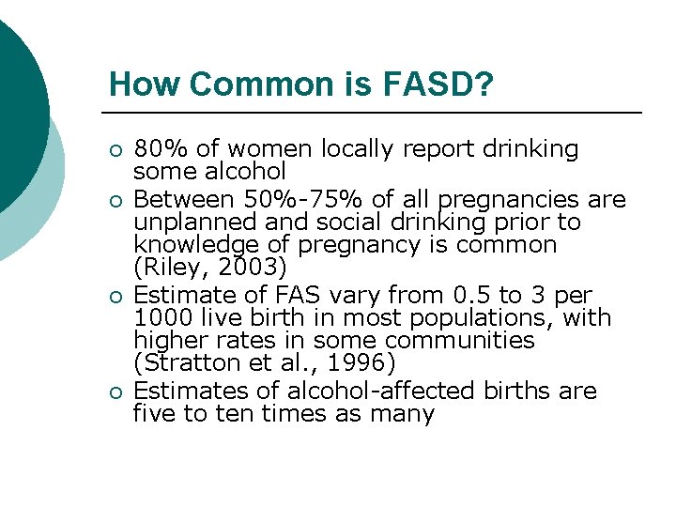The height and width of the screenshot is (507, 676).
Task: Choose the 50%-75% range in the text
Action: coord(298,199)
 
